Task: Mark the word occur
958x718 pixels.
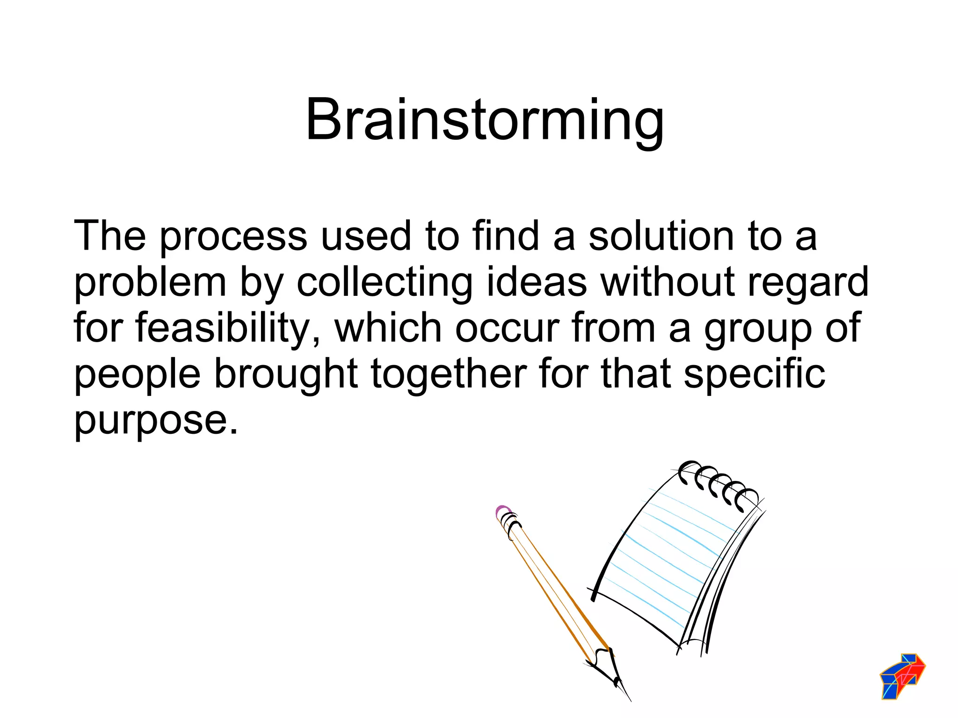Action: tap(507, 329)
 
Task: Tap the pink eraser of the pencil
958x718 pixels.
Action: tap(502, 511)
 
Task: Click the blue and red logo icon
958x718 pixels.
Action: tap(902, 676)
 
